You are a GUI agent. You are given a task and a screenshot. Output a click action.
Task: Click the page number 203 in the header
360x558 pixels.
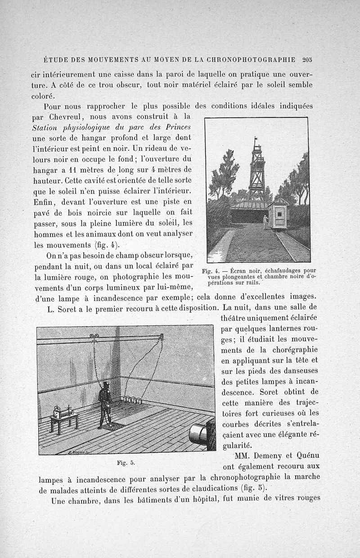tap(308, 59)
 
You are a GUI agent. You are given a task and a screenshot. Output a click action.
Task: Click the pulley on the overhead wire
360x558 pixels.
tap(94, 335)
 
